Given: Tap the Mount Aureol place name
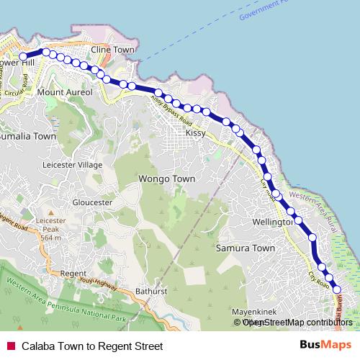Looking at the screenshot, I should coord(65,93).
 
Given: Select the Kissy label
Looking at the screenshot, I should coord(196,133).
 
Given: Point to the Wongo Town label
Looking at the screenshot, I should coord(166,178).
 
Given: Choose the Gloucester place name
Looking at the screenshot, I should coord(93,202).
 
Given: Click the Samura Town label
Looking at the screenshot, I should coord(246,248).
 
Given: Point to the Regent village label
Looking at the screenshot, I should coord(73,274).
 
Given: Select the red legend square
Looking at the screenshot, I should coord(11,346).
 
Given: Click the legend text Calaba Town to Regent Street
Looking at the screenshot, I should coord(91,346).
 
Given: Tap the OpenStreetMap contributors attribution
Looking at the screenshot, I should coord(294,323).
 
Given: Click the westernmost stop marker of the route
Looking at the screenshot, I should coord(23,56).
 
